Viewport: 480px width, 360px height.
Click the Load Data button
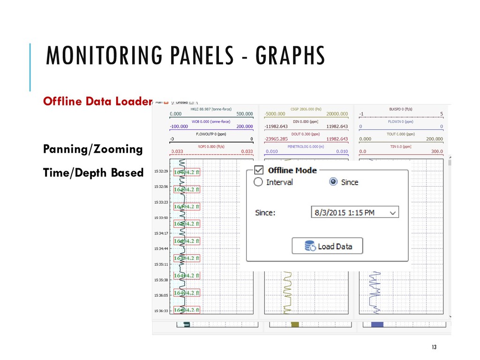327,246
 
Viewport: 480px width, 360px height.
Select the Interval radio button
258,182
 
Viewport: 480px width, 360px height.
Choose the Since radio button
334,182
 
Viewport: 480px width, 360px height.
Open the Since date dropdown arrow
393,213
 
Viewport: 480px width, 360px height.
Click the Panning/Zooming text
93,149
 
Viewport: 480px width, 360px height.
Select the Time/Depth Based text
93,172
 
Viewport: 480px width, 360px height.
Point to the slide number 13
434,347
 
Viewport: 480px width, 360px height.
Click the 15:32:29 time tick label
162,172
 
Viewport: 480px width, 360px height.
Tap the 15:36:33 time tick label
162,311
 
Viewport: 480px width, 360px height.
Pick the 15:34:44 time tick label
162,249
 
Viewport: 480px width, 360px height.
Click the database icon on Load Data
309,246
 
